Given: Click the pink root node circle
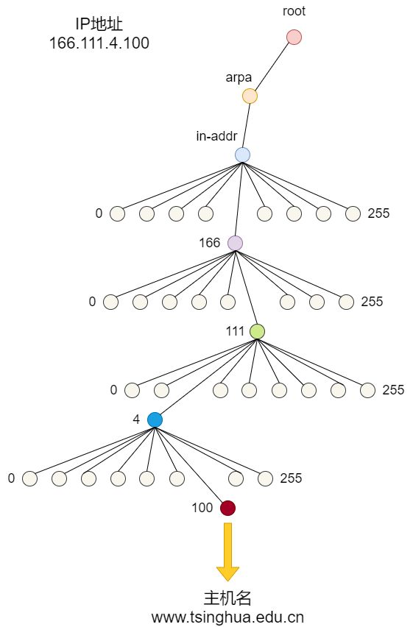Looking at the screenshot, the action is (x=294, y=38).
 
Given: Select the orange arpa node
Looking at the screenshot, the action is (x=250, y=96).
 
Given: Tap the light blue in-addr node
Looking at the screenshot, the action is (x=242, y=155).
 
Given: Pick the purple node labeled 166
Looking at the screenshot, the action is (x=235, y=243).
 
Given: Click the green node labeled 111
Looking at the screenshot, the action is (x=257, y=331).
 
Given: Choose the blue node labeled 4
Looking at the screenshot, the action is (x=155, y=420).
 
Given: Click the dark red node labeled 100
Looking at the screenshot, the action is (x=227, y=509).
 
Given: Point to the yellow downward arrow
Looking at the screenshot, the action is (x=227, y=552).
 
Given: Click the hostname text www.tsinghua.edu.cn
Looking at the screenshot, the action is (x=227, y=617).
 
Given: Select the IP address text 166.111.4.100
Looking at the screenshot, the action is (x=99, y=43).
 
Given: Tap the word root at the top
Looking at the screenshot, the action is (x=294, y=11).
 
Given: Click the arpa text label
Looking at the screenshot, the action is (x=239, y=77).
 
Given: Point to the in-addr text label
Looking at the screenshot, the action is (x=216, y=136).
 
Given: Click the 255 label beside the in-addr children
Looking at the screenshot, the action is (x=378, y=213).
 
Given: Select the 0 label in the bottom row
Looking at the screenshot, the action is (x=11, y=478).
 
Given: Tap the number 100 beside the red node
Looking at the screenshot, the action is (x=202, y=508).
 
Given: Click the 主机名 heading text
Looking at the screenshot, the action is (x=227, y=598).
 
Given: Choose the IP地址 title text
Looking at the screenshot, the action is (x=99, y=24).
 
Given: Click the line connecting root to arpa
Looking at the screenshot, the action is (x=272, y=67).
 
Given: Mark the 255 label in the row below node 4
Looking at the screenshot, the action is (x=291, y=478).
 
